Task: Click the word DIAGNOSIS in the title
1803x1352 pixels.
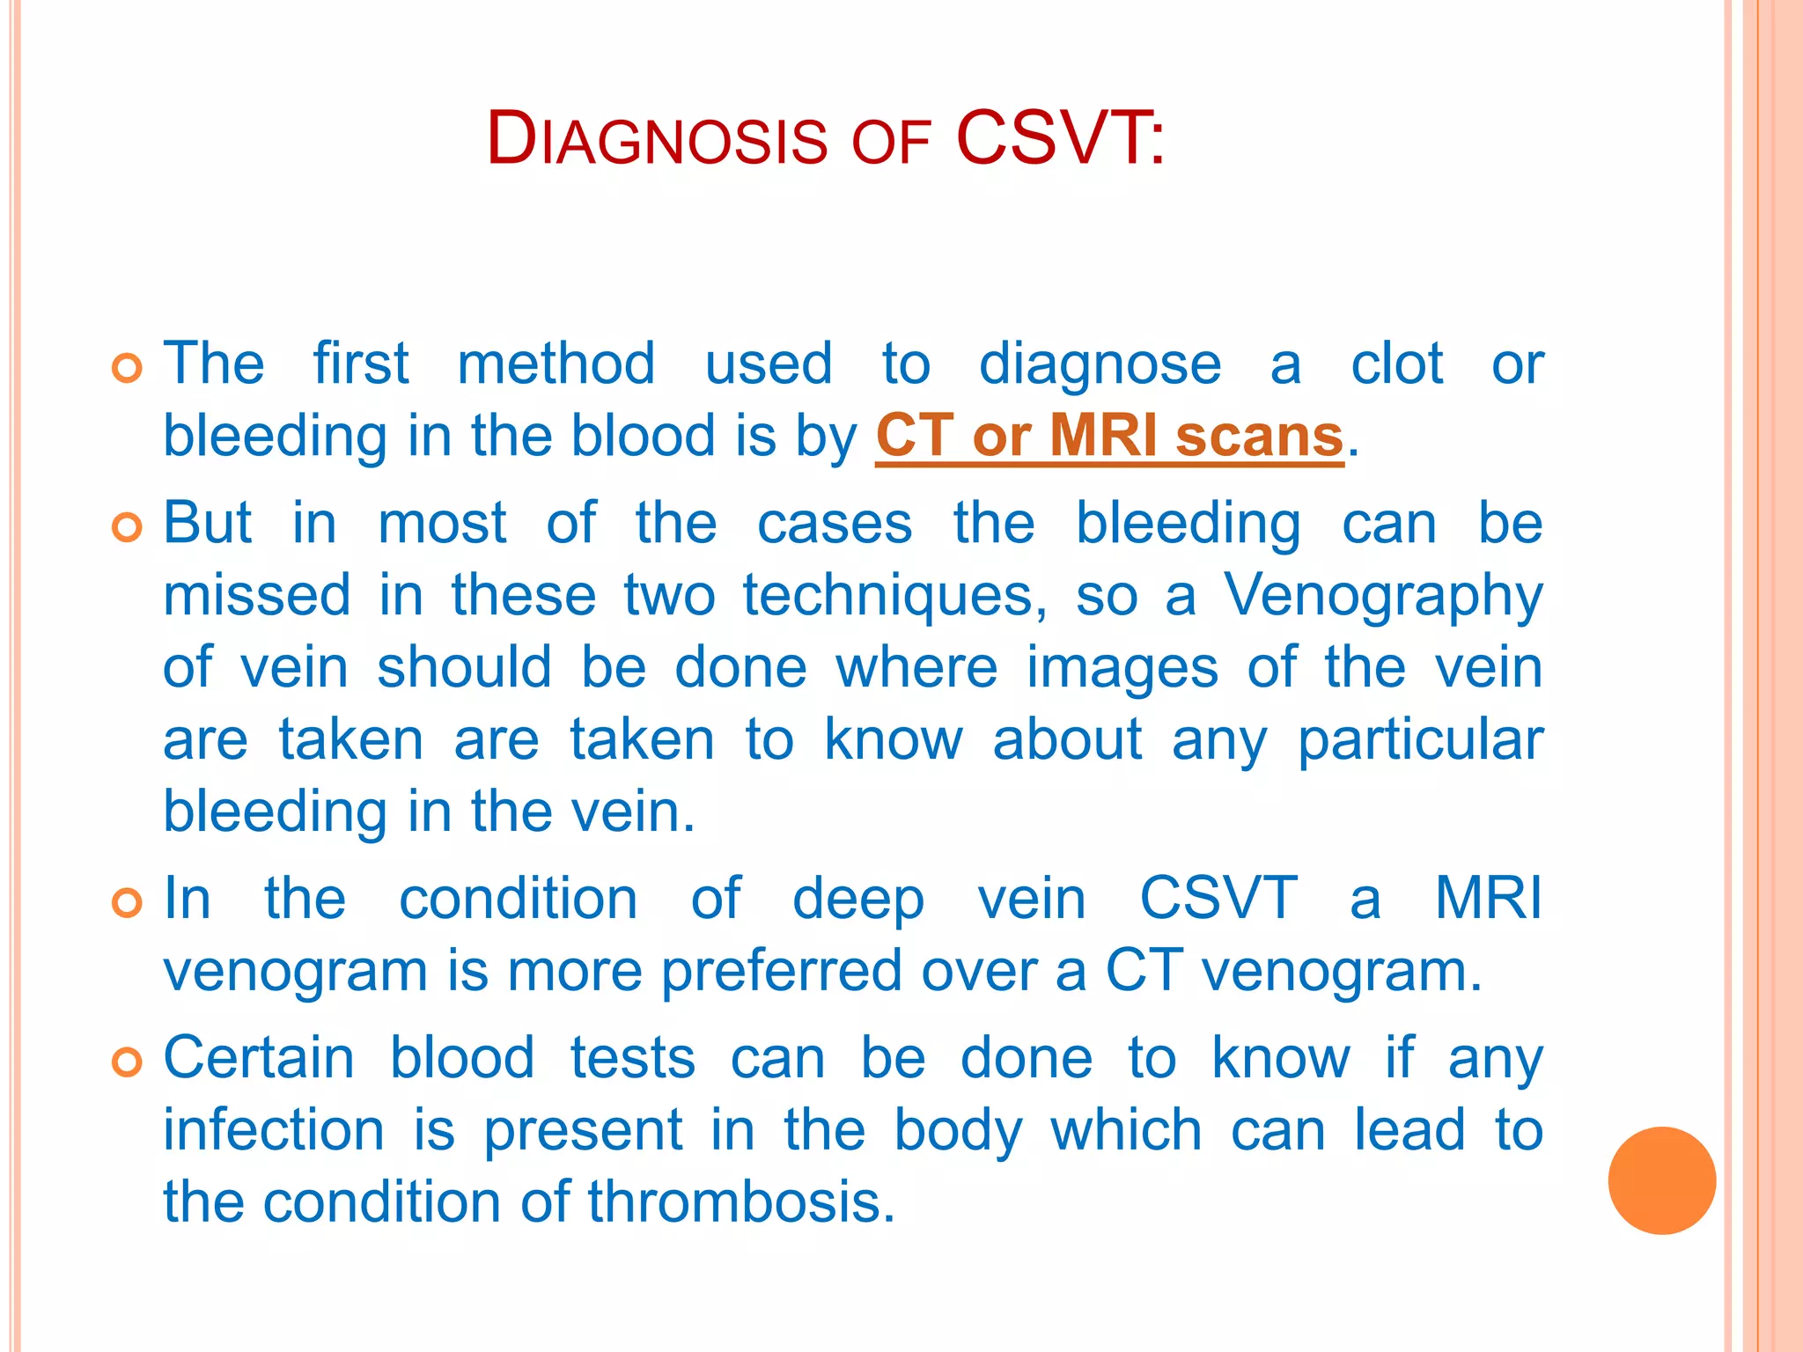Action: pyautogui.click(x=657, y=139)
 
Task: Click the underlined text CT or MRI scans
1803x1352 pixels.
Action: pyautogui.click(x=1109, y=436)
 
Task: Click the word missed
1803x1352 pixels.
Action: pyautogui.click(x=257, y=595)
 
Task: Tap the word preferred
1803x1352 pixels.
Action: pyautogui.click(x=782, y=971)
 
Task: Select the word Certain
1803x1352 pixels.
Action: pyautogui.click(x=259, y=1057)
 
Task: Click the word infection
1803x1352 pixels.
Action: pyautogui.click(x=274, y=1130)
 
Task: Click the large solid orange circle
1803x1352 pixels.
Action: pyautogui.click(x=1661, y=1180)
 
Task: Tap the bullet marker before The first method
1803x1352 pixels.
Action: pyautogui.click(x=128, y=368)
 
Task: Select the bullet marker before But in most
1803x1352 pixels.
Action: pyautogui.click(x=128, y=527)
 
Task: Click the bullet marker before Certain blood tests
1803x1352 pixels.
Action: pyautogui.click(x=128, y=1062)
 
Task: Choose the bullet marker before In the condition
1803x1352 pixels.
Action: pyautogui.click(x=128, y=903)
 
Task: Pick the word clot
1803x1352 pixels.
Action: pyautogui.click(x=1396, y=364)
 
